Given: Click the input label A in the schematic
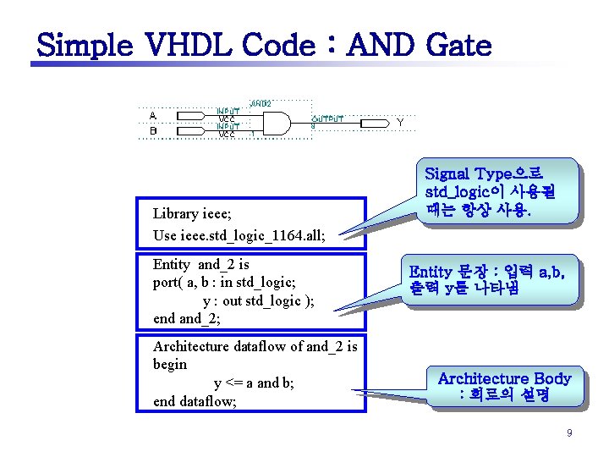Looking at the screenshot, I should click(153, 116).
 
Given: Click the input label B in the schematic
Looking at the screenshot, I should click(153, 131).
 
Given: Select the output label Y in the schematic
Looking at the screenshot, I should click(400, 123).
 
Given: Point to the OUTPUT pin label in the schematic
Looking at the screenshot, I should click(328, 119).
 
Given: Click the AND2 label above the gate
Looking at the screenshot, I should click(260, 103).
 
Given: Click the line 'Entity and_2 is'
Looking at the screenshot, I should click(200, 265).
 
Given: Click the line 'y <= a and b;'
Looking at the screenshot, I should click(254, 383).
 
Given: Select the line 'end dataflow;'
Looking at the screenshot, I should click(194, 400).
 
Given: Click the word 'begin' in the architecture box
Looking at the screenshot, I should click(170, 364).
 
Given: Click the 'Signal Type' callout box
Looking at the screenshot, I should click(501, 192).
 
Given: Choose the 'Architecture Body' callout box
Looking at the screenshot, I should click(504, 387).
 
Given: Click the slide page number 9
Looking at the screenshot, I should click(569, 433).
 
